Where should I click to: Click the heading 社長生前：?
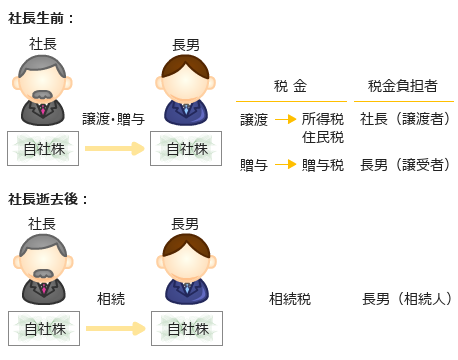tap(41, 18)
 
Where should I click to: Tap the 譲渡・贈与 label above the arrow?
tap(113, 119)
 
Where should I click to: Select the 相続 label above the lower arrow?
tap(111, 298)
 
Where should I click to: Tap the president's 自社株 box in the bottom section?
tap(42, 328)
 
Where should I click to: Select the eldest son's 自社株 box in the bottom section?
tap(186, 328)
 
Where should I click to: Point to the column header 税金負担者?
tap(402, 87)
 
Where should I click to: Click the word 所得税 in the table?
tap(322, 119)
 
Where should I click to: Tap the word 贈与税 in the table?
tap(322, 165)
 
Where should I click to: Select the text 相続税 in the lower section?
tap(289, 298)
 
